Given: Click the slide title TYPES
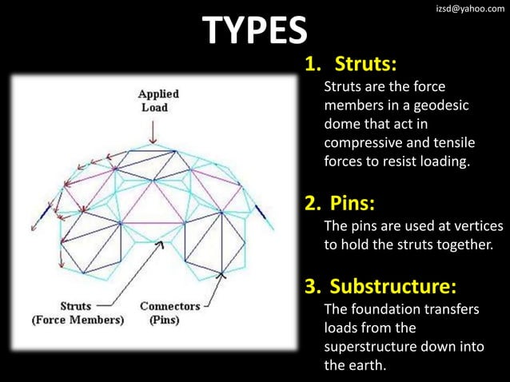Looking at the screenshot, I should pyautogui.click(x=255, y=30).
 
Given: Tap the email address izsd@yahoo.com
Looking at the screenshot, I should pyautogui.click(x=464, y=8).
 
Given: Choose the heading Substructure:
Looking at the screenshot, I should pyautogui.click(x=393, y=285).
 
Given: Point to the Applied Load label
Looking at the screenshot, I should pyautogui.click(x=159, y=100).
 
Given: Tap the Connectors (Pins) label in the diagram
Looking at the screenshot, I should pyautogui.click(x=169, y=313).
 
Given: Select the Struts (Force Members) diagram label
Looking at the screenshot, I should pyautogui.click(x=78, y=313).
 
